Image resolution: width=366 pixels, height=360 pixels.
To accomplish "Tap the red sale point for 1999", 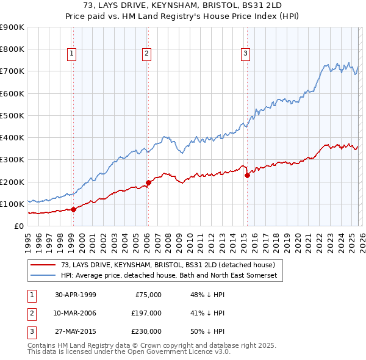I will (74, 209).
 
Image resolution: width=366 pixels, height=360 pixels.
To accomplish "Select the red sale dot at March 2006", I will (148, 182).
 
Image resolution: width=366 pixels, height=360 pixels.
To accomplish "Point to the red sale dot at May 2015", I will (247, 175).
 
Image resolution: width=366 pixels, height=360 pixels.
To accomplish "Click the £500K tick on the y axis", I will (12, 115).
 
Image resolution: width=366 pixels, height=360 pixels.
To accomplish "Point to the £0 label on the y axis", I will (18, 226).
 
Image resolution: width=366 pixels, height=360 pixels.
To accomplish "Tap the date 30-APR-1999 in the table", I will (76, 295).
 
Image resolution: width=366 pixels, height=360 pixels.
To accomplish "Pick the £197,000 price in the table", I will (146, 313).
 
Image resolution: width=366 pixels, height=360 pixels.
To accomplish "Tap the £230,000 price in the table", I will (146, 331).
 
